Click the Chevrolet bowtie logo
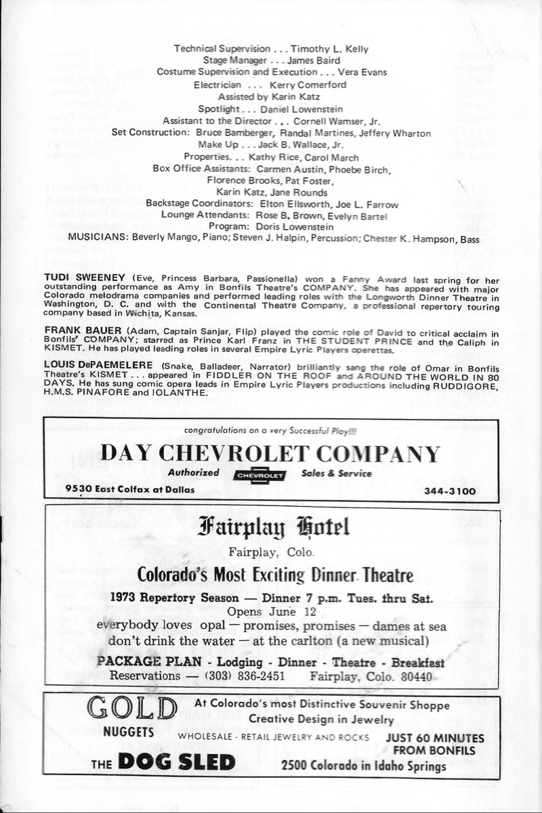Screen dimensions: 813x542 [x=259, y=476]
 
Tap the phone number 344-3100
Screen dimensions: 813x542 [x=451, y=491]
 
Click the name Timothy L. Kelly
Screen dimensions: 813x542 [x=330, y=49]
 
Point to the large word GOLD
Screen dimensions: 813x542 [x=132, y=710]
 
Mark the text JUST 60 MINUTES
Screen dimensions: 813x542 [x=434, y=738]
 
